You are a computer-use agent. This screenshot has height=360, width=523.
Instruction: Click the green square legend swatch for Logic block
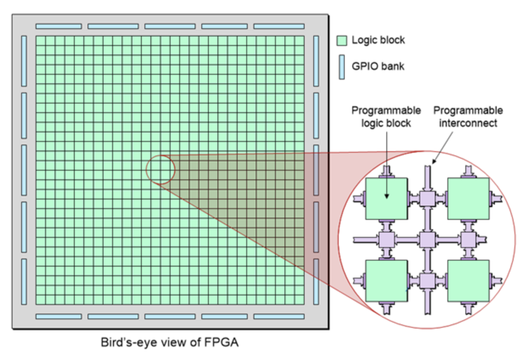342,40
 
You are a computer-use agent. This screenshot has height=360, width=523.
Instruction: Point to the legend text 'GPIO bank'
378,67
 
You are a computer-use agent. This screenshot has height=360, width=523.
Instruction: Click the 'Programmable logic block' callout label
386,117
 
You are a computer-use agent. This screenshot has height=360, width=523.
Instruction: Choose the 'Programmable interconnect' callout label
468,117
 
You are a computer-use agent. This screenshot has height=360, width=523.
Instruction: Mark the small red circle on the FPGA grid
160,169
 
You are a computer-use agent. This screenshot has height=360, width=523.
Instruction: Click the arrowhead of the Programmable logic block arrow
386,196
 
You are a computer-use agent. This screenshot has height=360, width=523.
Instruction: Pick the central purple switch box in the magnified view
427,239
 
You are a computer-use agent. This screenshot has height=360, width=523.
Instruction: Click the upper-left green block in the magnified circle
386,198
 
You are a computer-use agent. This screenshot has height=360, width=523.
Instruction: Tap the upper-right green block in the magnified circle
468,198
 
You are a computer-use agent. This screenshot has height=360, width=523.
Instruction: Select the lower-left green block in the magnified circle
386,281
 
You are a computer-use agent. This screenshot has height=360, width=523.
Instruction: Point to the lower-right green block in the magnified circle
468,281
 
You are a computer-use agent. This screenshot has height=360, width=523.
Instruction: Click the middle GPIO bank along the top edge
170,26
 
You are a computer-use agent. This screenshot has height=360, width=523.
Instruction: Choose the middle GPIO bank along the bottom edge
170,316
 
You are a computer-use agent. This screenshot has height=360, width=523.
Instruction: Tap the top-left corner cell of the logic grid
41,41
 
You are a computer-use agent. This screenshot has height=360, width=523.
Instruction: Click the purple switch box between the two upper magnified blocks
427,198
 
